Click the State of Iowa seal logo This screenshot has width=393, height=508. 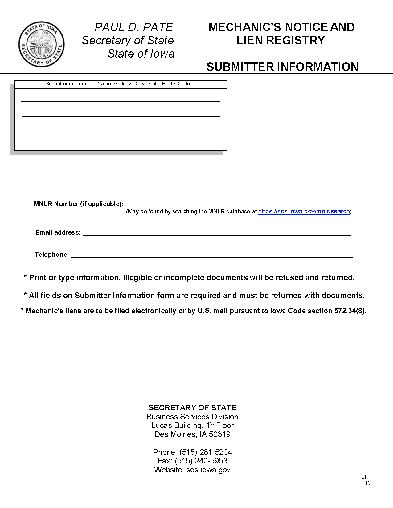(x=41, y=44)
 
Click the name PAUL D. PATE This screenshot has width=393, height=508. (x=134, y=27)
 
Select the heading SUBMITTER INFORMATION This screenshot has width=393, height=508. (x=282, y=67)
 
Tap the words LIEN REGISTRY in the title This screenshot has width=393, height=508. (x=281, y=40)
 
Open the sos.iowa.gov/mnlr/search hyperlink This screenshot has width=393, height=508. (x=304, y=211)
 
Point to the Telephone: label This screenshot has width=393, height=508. (x=52, y=255)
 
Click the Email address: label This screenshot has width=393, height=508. (x=58, y=232)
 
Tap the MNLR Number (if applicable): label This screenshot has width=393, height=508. (x=79, y=204)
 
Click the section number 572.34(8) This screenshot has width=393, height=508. (x=350, y=311)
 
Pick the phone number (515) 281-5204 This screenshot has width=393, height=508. (x=206, y=452)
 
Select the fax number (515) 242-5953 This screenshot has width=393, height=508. (x=201, y=461)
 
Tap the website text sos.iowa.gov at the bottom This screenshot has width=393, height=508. (x=208, y=470)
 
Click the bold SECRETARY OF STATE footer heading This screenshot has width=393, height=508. (x=192, y=408)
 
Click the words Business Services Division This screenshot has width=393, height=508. (x=192, y=417)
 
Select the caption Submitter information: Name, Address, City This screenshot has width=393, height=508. (x=117, y=84)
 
